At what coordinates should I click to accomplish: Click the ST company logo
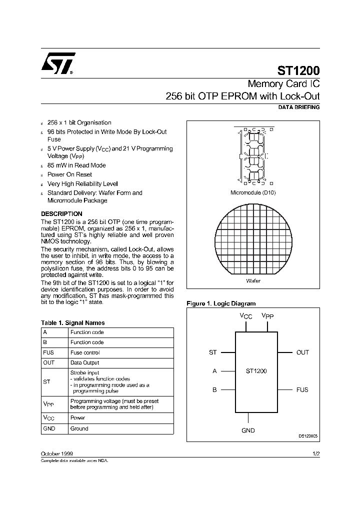pyautogui.click(x=57, y=63)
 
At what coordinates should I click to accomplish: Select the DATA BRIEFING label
pyautogui.click(x=298, y=107)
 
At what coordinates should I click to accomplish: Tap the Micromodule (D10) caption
pyautogui.click(x=253, y=192)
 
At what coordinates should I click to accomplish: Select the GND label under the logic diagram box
pyautogui.click(x=248, y=430)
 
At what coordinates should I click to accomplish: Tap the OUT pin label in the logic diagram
pyautogui.click(x=302, y=352)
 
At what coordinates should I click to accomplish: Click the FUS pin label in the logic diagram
pyautogui.click(x=302, y=389)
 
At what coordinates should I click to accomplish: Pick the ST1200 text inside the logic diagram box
pyautogui.click(x=256, y=371)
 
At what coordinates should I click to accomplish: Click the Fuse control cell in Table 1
pyautogui.click(x=85, y=352)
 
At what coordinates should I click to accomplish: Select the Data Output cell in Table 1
pyautogui.click(x=85, y=362)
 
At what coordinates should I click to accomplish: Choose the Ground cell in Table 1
pyautogui.click(x=79, y=428)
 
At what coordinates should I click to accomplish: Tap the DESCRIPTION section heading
pyautogui.click(x=61, y=213)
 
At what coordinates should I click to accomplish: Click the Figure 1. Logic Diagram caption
pyautogui.click(x=221, y=303)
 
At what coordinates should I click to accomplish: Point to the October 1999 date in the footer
pyautogui.click(x=57, y=453)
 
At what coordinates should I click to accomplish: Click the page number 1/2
pyautogui.click(x=315, y=453)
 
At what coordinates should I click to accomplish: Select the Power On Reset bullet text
pyautogui.click(x=69, y=174)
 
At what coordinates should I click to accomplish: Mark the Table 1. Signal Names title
pyautogui.click(x=72, y=323)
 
